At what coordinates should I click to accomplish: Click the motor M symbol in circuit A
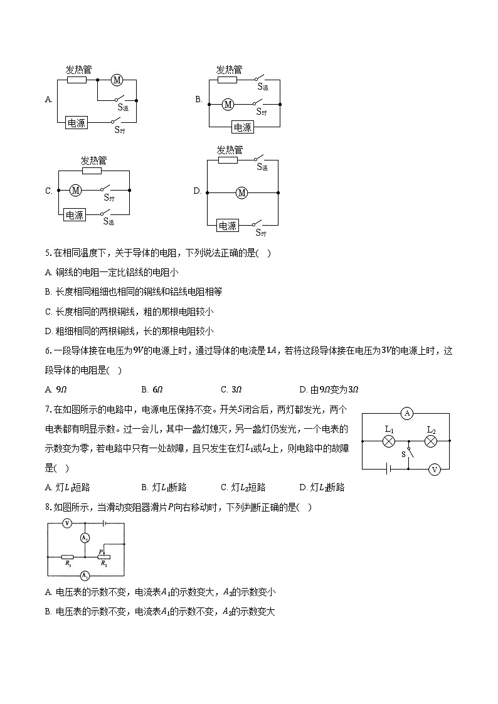(x=116, y=80)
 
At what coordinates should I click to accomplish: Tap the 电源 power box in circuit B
(x=242, y=127)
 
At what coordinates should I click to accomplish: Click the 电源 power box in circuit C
(x=75, y=215)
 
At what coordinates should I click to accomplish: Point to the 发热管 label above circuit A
(x=78, y=70)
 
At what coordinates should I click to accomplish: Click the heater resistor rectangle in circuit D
(x=228, y=160)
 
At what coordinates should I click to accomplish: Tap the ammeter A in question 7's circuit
(x=407, y=413)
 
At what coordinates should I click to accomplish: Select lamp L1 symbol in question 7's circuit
(x=388, y=441)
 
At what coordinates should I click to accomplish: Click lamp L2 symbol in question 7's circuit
(x=430, y=441)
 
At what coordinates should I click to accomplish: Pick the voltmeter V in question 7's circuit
(x=433, y=469)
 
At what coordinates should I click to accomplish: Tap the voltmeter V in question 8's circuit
(x=67, y=523)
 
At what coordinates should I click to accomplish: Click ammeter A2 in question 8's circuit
(x=85, y=539)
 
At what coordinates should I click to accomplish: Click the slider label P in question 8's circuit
(x=100, y=551)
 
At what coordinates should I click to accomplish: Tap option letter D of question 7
(x=303, y=487)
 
